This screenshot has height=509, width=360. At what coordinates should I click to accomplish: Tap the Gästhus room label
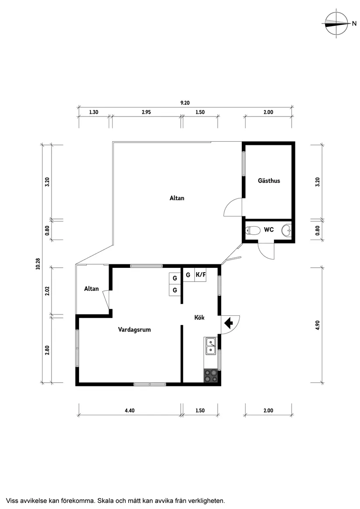(x=269, y=181)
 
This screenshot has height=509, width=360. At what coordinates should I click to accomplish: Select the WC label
(x=269, y=229)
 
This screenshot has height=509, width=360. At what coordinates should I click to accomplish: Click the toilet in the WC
(x=253, y=230)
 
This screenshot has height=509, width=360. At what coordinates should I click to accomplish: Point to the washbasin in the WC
(x=287, y=230)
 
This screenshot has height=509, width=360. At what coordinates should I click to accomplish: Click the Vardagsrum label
(x=134, y=330)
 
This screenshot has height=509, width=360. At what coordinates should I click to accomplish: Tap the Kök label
(x=199, y=317)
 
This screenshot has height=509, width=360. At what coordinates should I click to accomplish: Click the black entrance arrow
(x=229, y=323)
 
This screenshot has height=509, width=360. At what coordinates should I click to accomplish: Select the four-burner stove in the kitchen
(x=210, y=376)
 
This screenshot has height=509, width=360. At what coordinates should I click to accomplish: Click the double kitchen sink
(x=210, y=346)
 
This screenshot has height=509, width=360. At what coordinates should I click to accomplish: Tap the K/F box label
(x=200, y=275)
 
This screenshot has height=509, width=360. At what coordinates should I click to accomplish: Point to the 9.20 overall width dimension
(x=185, y=103)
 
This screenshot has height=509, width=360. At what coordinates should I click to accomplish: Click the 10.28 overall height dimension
(x=38, y=263)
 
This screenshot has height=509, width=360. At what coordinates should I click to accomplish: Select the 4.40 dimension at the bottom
(x=130, y=410)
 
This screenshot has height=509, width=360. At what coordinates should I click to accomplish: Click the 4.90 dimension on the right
(x=317, y=325)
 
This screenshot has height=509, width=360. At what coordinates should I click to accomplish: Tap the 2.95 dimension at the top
(x=146, y=112)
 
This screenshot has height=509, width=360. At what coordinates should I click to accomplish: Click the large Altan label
(x=177, y=198)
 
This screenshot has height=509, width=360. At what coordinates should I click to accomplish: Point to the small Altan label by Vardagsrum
(x=91, y=289)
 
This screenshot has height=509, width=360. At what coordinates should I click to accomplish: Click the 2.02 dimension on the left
(x=48, y=290)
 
